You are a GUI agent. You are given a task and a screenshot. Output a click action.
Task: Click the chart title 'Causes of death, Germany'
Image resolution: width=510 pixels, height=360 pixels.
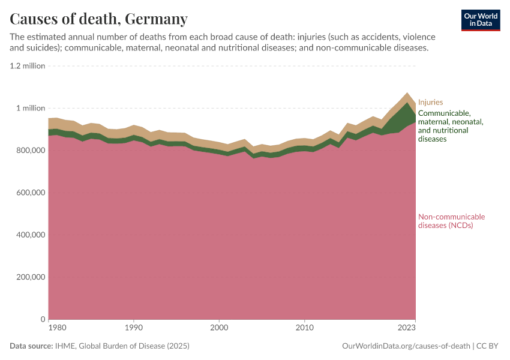tap(99, 19)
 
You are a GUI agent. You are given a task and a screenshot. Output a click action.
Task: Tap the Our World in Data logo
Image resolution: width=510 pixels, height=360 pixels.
tap(481, 20)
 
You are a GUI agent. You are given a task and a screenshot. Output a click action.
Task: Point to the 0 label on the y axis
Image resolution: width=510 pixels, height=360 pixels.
tap(43, 319)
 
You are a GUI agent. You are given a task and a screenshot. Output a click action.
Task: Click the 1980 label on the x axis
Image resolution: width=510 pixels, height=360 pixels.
tap(56, 328)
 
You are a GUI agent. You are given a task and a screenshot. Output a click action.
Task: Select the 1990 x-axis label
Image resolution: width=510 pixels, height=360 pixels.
tap(134, 328)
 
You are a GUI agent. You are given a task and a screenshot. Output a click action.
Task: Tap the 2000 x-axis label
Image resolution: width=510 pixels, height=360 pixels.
tap(220, 328)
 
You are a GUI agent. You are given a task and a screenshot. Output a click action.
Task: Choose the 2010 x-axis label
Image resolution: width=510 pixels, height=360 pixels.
tap(305, 328)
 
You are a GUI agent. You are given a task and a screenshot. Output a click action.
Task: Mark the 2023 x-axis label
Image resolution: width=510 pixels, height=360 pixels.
tap(407, 328)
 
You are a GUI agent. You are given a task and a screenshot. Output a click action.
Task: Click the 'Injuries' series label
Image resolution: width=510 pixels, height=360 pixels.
tap(430, 103)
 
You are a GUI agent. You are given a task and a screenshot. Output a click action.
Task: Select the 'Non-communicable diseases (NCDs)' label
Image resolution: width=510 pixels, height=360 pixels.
tap(451, 221)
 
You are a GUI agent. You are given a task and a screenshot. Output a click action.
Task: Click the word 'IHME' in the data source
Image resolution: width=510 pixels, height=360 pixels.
tap(64, 346)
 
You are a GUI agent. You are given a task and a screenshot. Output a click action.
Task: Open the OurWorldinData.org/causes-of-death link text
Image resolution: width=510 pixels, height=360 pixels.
tap(406, 346)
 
